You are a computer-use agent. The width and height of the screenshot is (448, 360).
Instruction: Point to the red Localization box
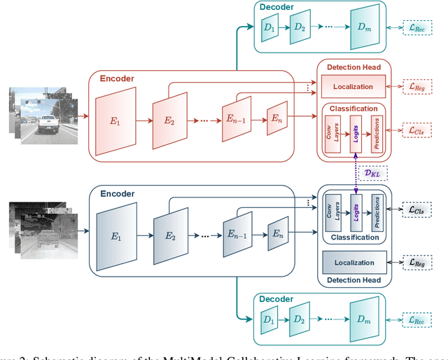pos(353,87)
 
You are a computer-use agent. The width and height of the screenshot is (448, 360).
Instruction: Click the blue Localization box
pos(353,263)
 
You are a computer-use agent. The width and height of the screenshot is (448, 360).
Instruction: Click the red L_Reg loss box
pos(416,87)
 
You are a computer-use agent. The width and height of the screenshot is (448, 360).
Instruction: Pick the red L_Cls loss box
pos(416,130)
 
